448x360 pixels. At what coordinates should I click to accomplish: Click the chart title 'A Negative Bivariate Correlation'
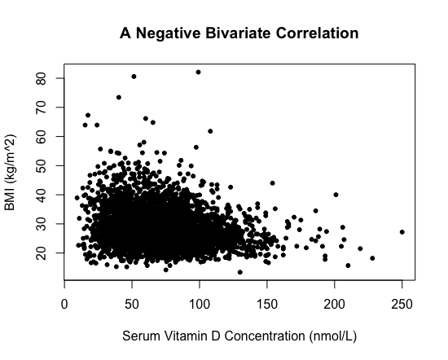pyautogui.click(x=239, y=33)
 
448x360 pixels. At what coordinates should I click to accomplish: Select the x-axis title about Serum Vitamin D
pyautogui.click(x=239, y=336)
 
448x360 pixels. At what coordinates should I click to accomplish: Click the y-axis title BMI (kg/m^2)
pyautogui.click(x=10, y=173)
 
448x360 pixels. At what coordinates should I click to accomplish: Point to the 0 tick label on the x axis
pyautogui.click(x=64, y=305)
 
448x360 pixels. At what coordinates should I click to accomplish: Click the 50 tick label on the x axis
pyautogui.click(x=132, y=305)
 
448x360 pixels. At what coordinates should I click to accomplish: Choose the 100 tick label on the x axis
pyautogui.click(x=200, y=305)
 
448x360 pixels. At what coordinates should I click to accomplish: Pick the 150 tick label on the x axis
pyautogui.click(x=267, y=305)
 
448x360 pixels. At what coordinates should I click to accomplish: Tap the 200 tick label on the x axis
pyautogui.click(x=334, y=305)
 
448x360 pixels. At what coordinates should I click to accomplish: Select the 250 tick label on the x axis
pyautogui.click(x=402, y=305)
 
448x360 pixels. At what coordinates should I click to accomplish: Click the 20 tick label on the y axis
pyautogui.click(x=42, y=252)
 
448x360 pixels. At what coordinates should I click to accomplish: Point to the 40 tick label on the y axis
pyautogui.click(x=42, y=195)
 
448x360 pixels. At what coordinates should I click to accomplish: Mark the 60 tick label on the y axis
pyautogui.click(x=42, y=137)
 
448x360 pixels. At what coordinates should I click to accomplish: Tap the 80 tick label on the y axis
pyautogui.click(x=42, y=78)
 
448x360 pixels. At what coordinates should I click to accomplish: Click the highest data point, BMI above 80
pyautogui.click(x=198, y=72)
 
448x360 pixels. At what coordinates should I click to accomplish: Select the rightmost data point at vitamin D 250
pyautogui.click(x=402, y=232)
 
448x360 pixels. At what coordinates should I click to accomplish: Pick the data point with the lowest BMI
pyautogui.click(x=240, y=272)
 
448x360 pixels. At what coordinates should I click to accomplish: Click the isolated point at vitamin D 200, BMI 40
pyautogui.click(x=336, y=195)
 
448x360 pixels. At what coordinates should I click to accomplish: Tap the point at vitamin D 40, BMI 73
pyautogui.click(x=119, y=98)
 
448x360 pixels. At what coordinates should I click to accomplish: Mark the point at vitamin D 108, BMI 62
pyautogui.click(x=210, y=131)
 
